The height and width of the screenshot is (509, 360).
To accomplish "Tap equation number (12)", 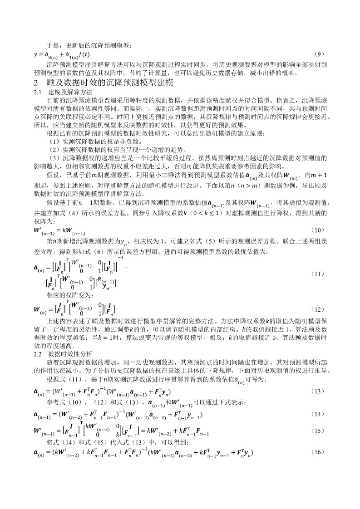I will [x=319, y=309].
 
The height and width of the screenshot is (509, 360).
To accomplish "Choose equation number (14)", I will [x=319, y=414].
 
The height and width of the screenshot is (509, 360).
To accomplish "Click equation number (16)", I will [x=319, y=452].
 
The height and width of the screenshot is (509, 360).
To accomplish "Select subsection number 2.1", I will [x=38, y=92].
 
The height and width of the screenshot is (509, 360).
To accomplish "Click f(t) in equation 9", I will [x=84, y=55].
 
